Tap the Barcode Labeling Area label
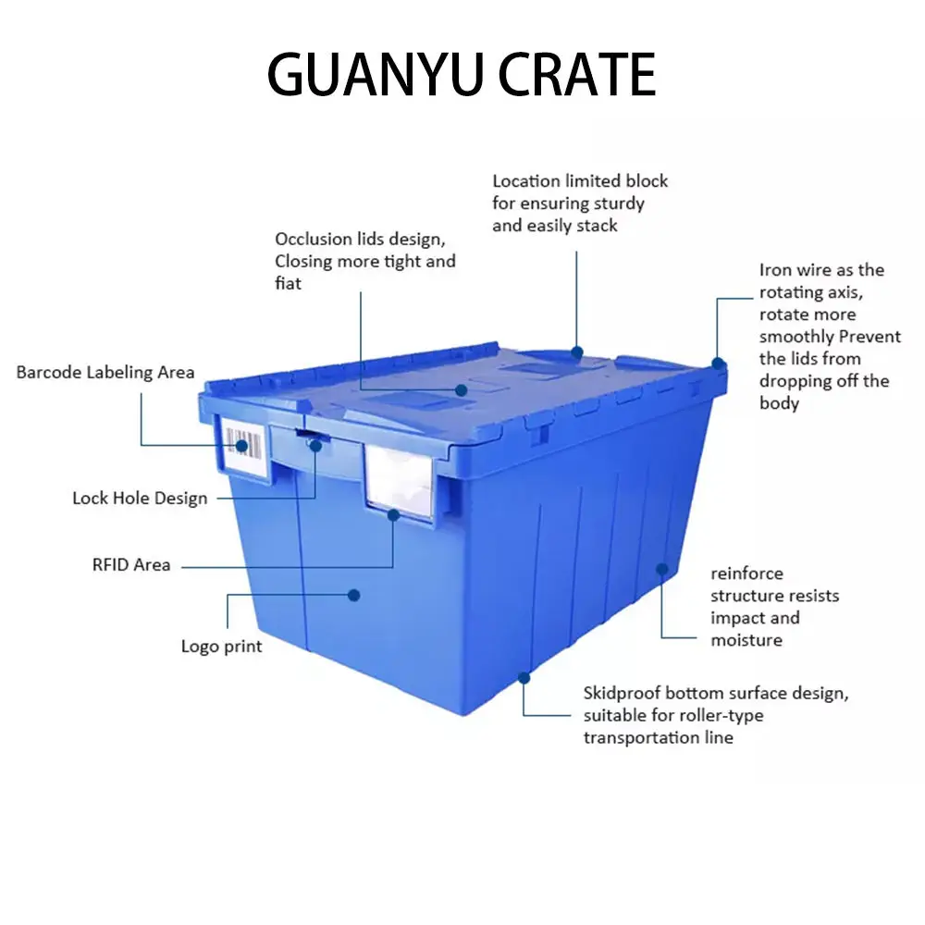[x=105, y=373]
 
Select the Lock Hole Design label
[x=140, y=499]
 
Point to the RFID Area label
[x=131, y=564]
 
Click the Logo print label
[x=221, y=647]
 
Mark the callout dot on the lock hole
[x=315, y=446]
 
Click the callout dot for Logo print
[x=353, y=594]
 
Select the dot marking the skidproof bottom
[x=524, y=678]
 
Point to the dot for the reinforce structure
[x=661, y=567]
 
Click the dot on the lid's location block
[x=577, y=351]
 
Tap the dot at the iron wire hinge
[x=716, y=364]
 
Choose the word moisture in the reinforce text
[x=746, y=640]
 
